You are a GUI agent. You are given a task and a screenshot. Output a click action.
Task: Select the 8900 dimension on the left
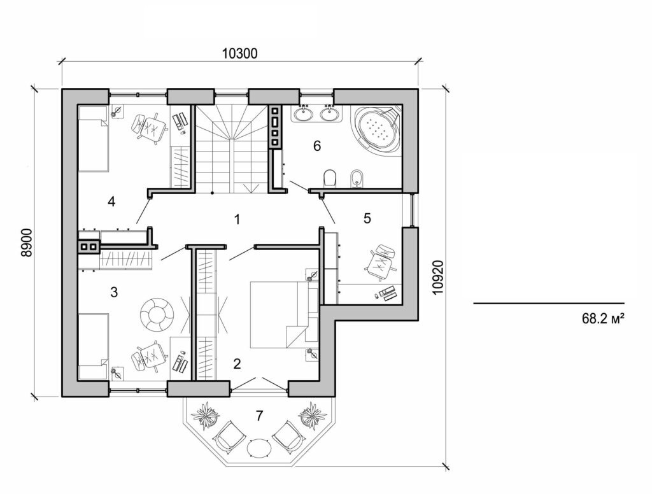pyautogui.click(x=26, y=242)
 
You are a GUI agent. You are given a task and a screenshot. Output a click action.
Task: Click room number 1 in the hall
pyautogui.click(x=237, y=220)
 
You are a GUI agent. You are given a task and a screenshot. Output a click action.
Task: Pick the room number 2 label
pyautogui.click(x=237, y=364)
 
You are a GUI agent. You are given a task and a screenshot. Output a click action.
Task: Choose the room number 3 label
pyautogui.click(x=114, y=292)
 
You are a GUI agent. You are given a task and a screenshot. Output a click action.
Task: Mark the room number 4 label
pyautogui.click(x=111, y=202)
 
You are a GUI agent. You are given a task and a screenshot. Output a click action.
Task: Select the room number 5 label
pyautogui.click(x=367, y=218)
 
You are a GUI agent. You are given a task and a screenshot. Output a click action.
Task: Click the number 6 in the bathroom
pyautogui.click(x=316, y=146)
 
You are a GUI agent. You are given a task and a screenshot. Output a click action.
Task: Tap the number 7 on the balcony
pyautogui.click(x=259, y=416)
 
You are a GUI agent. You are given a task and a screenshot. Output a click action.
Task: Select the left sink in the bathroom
pyautogui.click(x=302, y=115)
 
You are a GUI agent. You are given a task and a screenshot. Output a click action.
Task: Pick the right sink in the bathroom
pyautogui.click(x=329, y=115)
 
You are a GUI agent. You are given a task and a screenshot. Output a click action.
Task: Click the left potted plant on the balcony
pyautogui.click(x=206, y=416)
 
